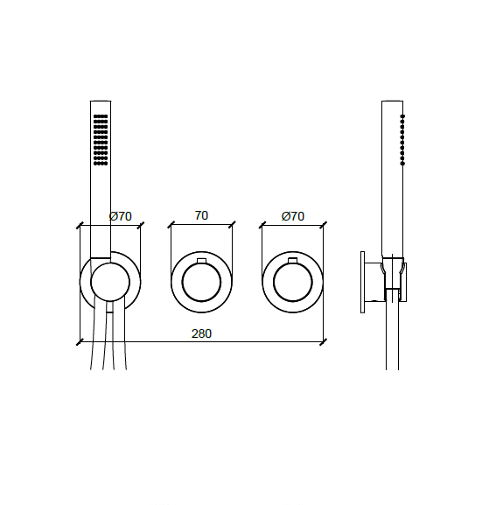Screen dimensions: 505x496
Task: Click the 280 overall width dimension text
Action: (201, 333)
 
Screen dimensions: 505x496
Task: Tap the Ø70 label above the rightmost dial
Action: (292, 216)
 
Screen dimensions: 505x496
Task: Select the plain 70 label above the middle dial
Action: (201, 216)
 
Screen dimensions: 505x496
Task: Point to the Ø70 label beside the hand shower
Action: (120, 216)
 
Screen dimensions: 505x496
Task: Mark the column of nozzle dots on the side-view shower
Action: (402, 140)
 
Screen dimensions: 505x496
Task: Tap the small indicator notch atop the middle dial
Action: (201, 262)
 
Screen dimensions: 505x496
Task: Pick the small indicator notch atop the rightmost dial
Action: (293, 262)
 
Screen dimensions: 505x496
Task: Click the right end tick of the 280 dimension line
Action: (324, 340)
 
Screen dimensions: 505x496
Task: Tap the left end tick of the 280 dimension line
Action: (80, 340)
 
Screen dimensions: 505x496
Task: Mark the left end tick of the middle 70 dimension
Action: (171, 225)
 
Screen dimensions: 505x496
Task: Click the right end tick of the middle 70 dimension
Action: (233, 225)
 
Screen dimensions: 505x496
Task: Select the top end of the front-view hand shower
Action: (100, 103)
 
